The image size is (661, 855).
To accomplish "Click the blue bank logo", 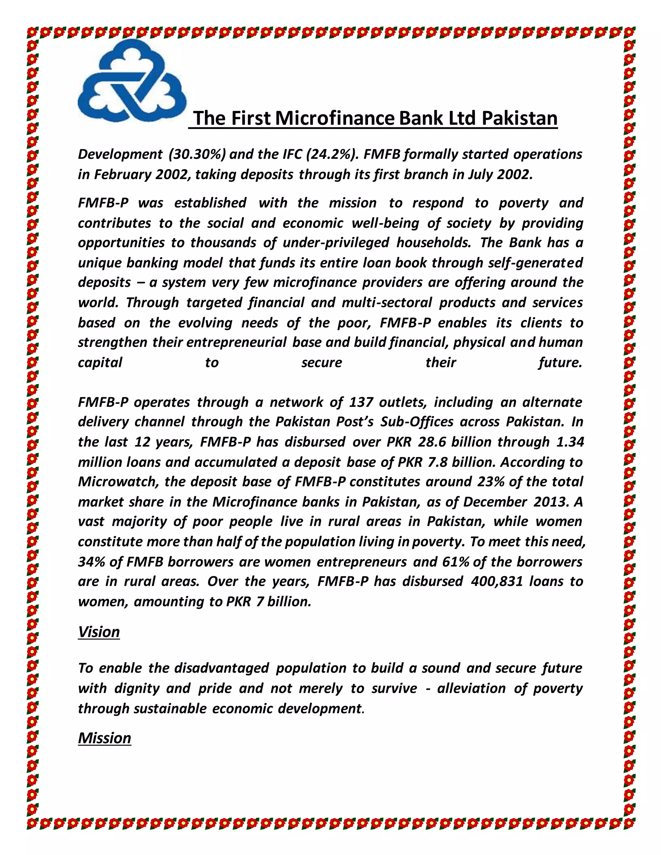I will (x=132, y=81).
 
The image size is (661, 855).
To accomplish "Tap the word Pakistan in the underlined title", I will (x=519, y=118).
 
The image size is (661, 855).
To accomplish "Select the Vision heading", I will (x=99, y=632).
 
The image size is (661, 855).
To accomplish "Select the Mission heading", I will (x=105, y=738).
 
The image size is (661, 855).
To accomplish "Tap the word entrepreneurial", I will (x=237, y=343).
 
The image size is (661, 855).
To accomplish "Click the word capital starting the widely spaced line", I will (x=100, y=363).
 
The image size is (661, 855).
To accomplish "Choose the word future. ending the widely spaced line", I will (x=560, y=363).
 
